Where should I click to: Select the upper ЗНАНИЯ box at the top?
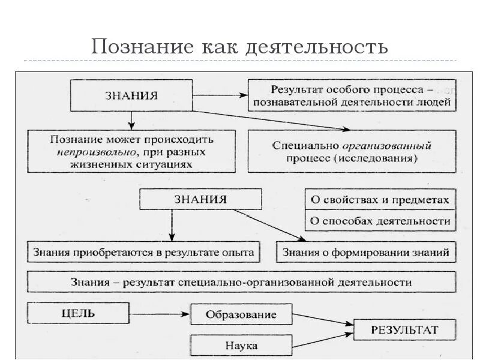click(x=131, y=95)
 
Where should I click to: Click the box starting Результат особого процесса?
click(x=352, y=95)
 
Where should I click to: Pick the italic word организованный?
click(x=387, y=146)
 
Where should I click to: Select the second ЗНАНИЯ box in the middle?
click(x=200, y=199)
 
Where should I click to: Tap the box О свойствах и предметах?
click(x=379, y=200)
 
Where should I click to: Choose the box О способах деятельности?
click(x=379, y=220)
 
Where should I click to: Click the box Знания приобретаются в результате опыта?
click(x=144, y=252)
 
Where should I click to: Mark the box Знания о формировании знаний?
click(x=365, y=252)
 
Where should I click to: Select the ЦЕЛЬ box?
click(x=78, y=313)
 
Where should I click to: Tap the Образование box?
click(x=241, y=314)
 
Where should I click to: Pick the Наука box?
click(x=241, y=346)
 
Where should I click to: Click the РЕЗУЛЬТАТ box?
click(x=404, y=329)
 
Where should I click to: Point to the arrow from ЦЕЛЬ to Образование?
click(x=160, y=313)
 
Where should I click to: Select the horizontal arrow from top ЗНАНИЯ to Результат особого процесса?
click(x=218, y=95)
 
